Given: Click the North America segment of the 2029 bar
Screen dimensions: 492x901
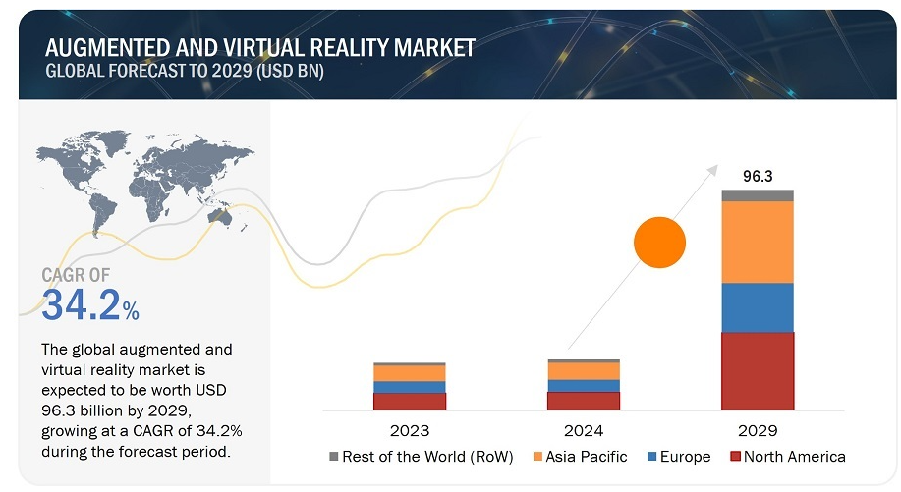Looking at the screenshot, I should pyautogui.click(x=757, y=370).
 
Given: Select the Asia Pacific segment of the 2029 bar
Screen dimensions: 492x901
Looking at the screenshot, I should pyautogui.click(x=757, y=242).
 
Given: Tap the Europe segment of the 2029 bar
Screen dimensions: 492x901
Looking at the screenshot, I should pyautogui.click(x=757, y=307).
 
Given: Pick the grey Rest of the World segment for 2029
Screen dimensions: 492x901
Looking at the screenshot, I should pyautogui.click(x=757, y=195).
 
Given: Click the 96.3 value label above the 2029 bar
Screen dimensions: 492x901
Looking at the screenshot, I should pyautogui.click(x=757, y=177).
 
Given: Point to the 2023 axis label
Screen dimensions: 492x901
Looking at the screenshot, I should pyautogui.click(x=409, y=430).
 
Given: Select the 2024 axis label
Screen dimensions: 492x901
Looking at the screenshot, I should pyautogui.click(x=583, y=430).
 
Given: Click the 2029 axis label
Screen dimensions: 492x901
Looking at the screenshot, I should pyautogui.click(x=757, y=430).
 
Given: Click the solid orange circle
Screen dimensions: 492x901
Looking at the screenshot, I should pyautogui.click(x=659, y=242).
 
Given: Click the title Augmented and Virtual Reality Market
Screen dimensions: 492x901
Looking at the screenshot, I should pyautogui.click(x=260, y=46).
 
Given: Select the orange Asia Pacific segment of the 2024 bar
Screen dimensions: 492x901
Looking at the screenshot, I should pyautogui.click(x=583, y=370).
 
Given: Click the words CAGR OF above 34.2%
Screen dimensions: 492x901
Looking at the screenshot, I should pyautogui.click(x=77, y=275).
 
